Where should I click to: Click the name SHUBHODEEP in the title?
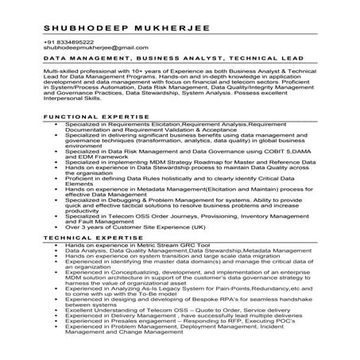pyautogui.click(x=83, y=29)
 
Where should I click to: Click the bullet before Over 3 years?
pyautogui.click(x=52, y=226)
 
